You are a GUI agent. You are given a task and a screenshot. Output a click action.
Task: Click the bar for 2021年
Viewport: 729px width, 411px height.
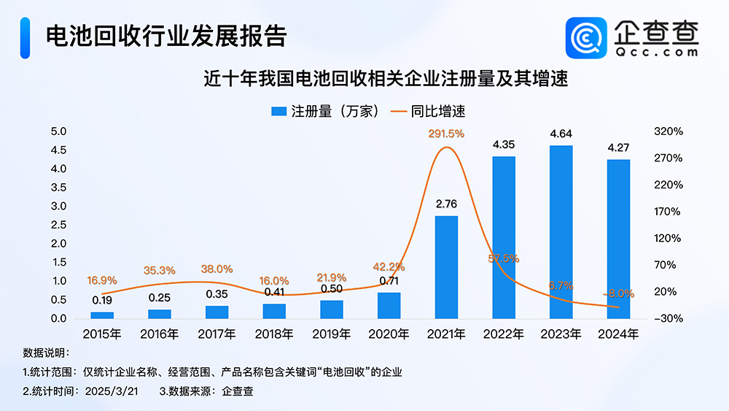(446, 267)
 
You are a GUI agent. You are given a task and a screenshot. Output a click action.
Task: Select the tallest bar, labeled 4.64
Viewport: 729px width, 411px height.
(561, 232)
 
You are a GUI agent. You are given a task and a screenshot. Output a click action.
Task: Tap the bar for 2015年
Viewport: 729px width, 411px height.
(102, 315)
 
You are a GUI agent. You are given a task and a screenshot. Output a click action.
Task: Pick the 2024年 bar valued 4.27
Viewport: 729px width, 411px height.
(618, 239)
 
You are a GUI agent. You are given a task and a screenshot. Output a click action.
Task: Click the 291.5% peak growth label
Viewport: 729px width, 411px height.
(446, 134)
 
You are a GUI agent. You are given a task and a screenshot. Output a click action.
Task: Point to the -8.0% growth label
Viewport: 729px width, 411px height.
(619, 293)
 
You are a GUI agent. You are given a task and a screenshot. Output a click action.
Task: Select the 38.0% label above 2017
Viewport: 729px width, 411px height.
(217, 269)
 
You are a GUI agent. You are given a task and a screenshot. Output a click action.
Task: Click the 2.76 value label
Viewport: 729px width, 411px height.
(446, 204)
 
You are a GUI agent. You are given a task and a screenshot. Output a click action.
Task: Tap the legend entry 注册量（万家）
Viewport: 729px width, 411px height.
(325, 111)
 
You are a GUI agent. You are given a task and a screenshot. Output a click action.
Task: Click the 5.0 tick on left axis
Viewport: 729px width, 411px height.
(58, 131)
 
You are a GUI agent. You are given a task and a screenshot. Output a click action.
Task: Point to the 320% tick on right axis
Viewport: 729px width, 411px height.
(668, 131)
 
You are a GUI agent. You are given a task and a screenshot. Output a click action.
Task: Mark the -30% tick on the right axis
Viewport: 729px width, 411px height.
(668, 319)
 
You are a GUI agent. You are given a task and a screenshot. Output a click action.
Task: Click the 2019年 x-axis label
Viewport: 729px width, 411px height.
(332, 335)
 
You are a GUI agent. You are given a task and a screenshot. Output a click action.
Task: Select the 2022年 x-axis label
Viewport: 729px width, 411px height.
(504, 335)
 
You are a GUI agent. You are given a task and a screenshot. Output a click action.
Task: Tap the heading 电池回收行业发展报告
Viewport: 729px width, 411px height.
(165, 35)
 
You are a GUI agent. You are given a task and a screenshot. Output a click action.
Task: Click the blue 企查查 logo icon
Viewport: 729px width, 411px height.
(586, 38)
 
